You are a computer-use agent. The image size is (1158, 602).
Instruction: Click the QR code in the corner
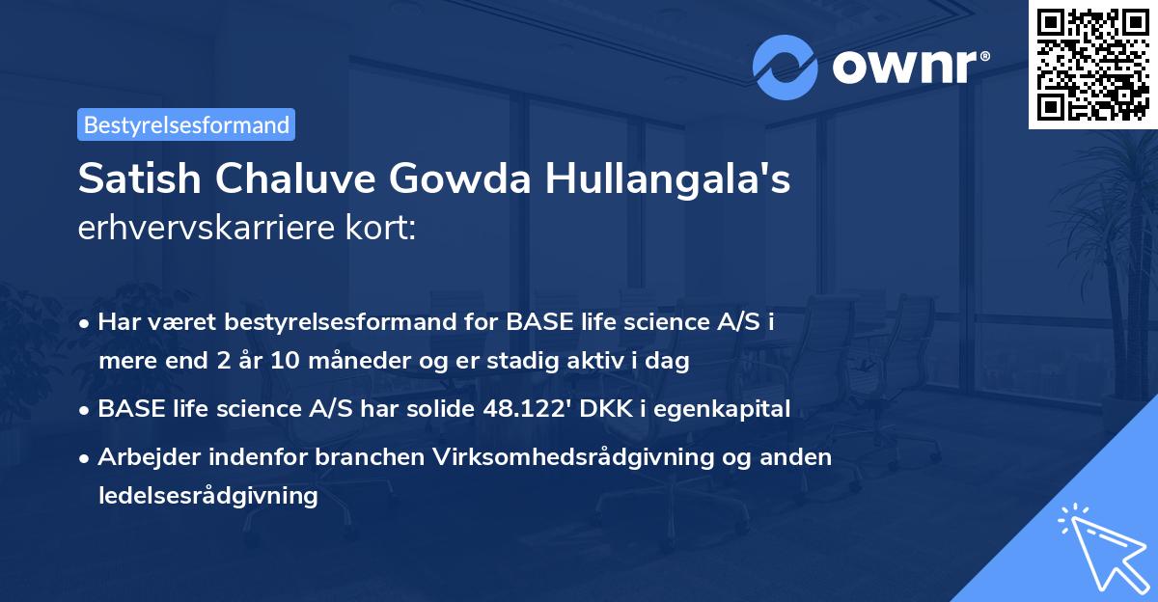coord(1092,64)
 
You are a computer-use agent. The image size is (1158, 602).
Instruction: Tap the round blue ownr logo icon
coord(785,68)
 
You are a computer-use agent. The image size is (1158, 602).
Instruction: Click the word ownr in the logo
coord(905,68)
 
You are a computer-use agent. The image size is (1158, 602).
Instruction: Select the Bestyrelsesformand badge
coord(186,124)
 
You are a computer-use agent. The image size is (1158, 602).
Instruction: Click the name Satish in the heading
coord(140,178)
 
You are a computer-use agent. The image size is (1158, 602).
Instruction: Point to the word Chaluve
coord(295,178)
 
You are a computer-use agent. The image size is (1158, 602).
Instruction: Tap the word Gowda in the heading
coord(459,178)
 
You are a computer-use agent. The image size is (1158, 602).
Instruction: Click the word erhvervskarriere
coord(207,228)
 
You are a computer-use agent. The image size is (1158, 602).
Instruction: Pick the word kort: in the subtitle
coord(380,228)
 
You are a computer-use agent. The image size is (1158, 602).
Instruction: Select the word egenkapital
coord(722,410)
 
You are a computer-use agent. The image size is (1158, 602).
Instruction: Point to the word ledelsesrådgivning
coord(207,497)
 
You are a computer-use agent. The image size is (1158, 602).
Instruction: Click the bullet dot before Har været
coord(84,324)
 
